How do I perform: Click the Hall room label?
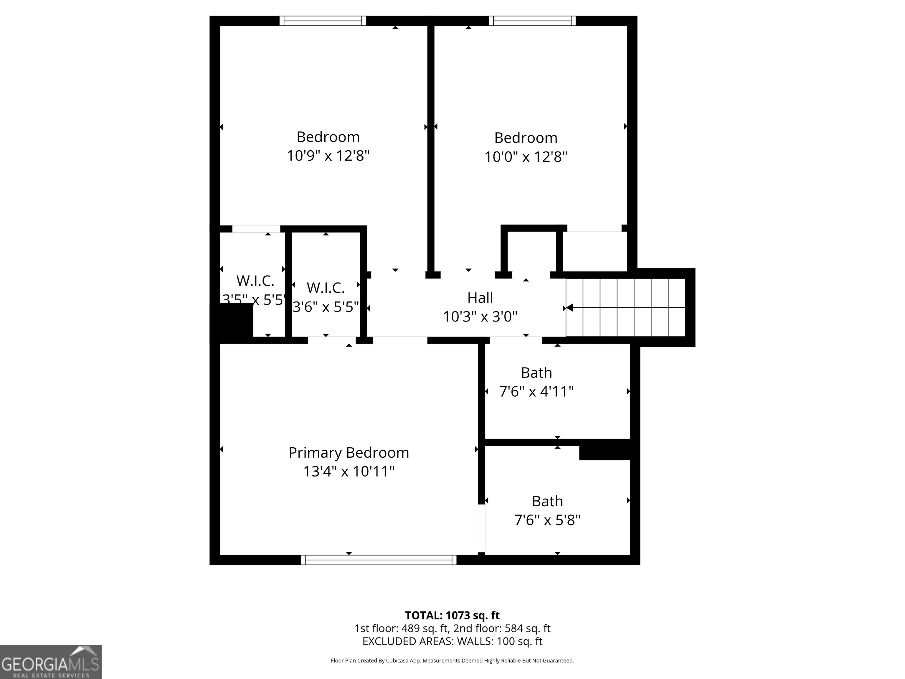tap(480, 298)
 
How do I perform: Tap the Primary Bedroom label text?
tap(349, 453)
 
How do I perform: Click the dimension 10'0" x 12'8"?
tap(526, 157)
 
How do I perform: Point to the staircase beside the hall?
tap(625, 307)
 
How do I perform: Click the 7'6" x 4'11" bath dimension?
tap(536, 392)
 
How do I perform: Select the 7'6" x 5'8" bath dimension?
tap(547, 520)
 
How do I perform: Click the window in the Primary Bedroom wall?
tap(379, 560)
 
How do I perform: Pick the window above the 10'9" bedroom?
tap(323, 21)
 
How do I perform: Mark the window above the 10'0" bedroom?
tap(532, 21)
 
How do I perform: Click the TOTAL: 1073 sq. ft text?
tap(452, 615)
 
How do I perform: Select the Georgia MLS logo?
tap(50, 662)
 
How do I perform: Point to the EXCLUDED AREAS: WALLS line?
tap(452, 641)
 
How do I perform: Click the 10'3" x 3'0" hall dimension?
tap(480, 317)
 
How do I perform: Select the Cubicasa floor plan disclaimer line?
tap(452, 660)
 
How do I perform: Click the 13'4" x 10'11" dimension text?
tap(349, 472)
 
